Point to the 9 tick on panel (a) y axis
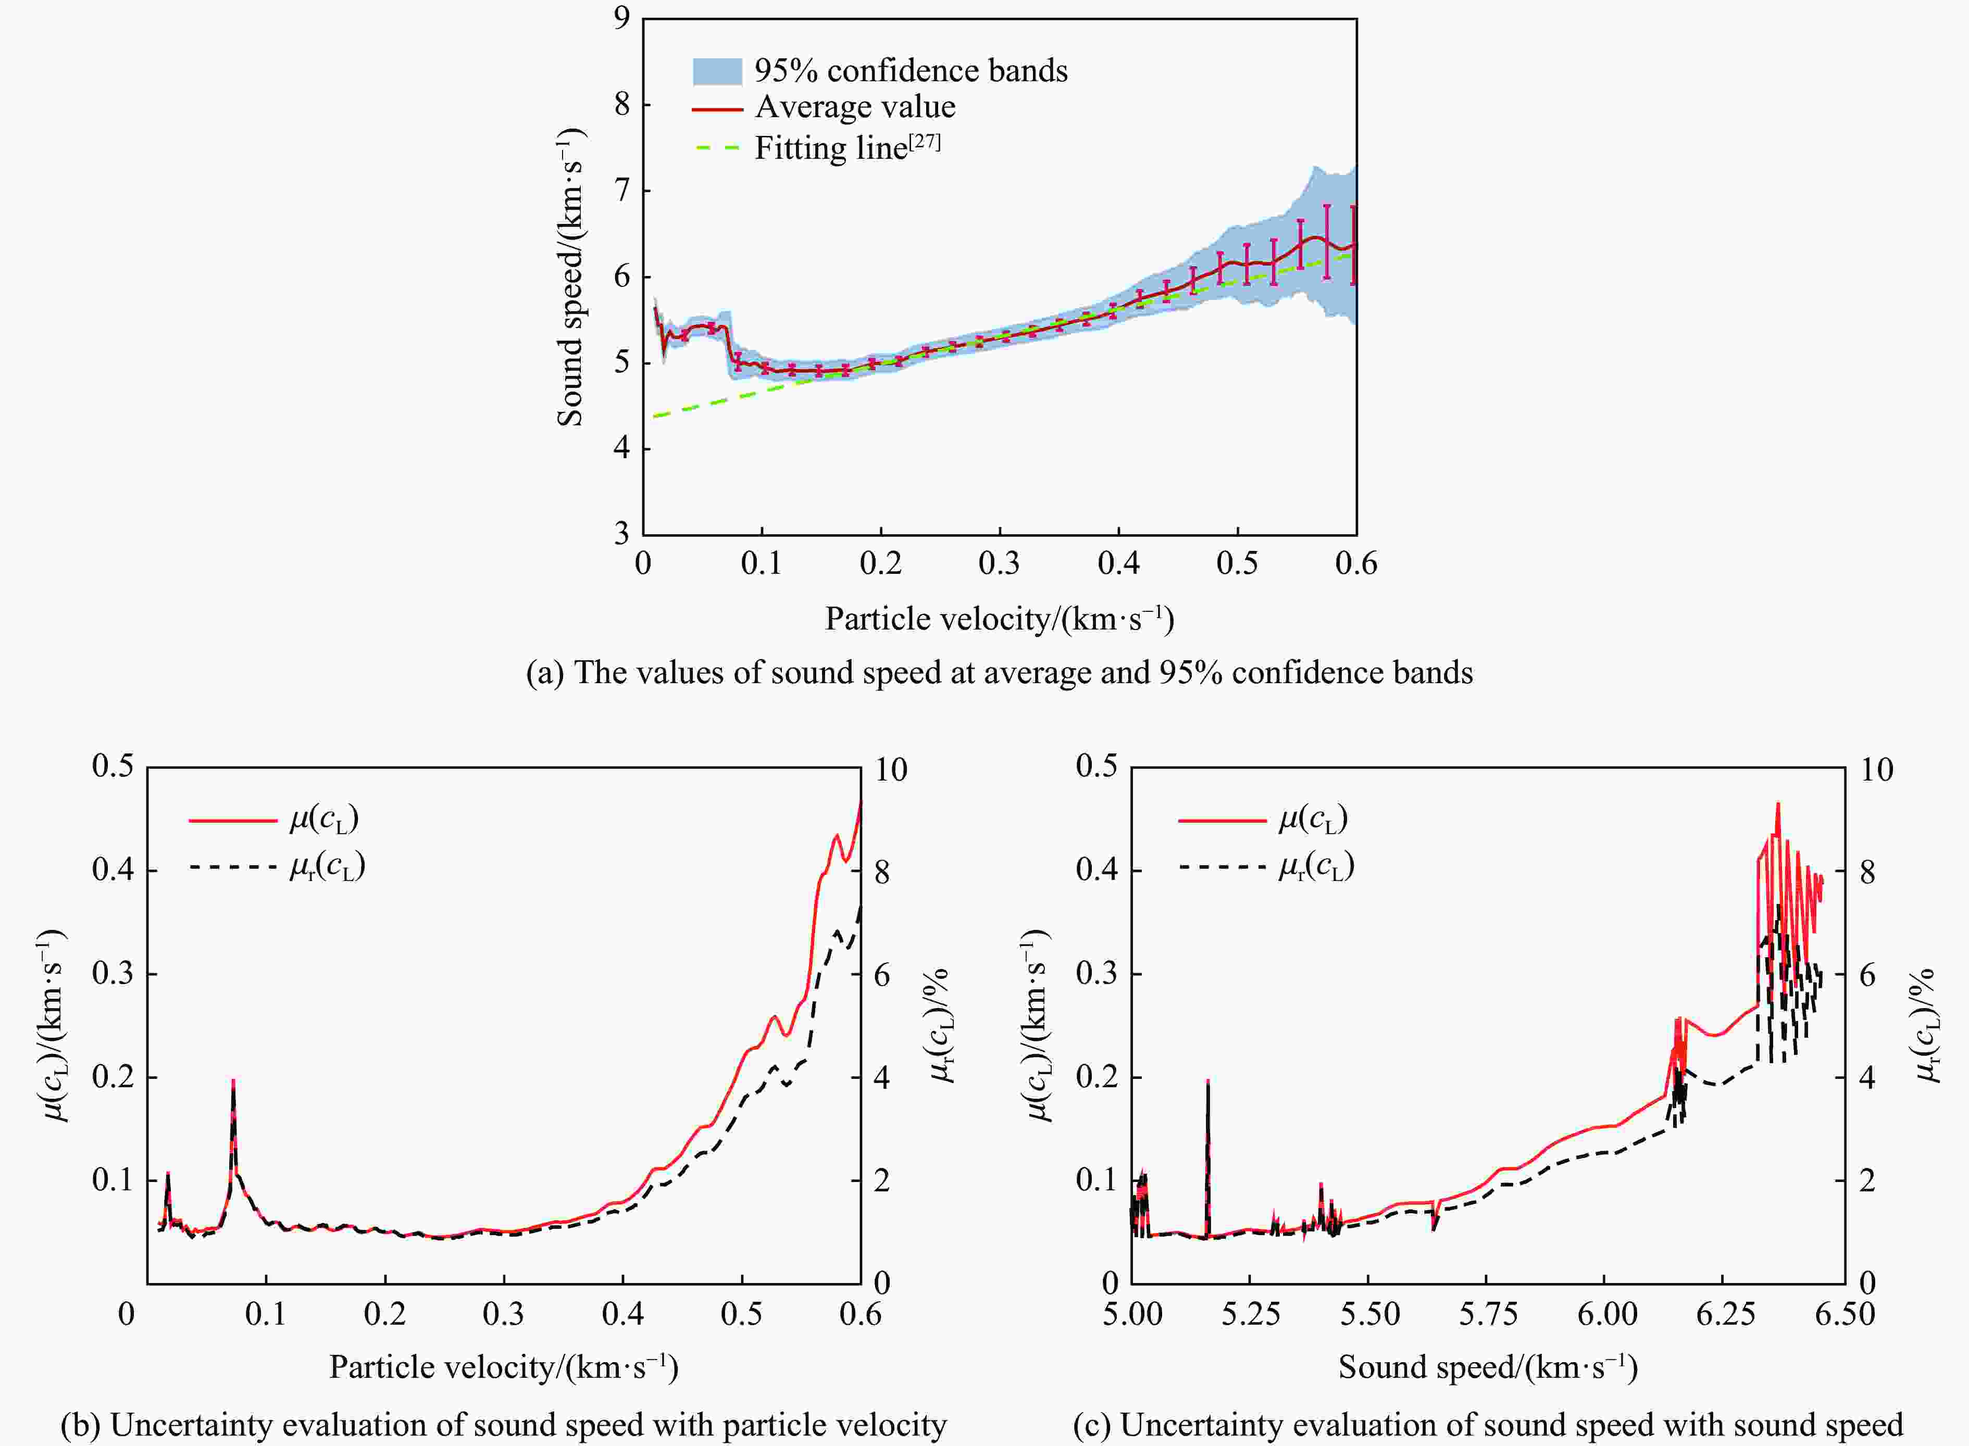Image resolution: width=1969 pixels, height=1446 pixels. [621, 18]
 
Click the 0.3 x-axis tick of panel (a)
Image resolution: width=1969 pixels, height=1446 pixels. [999, 563]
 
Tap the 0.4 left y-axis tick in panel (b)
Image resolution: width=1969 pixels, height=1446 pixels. [113, 870]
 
